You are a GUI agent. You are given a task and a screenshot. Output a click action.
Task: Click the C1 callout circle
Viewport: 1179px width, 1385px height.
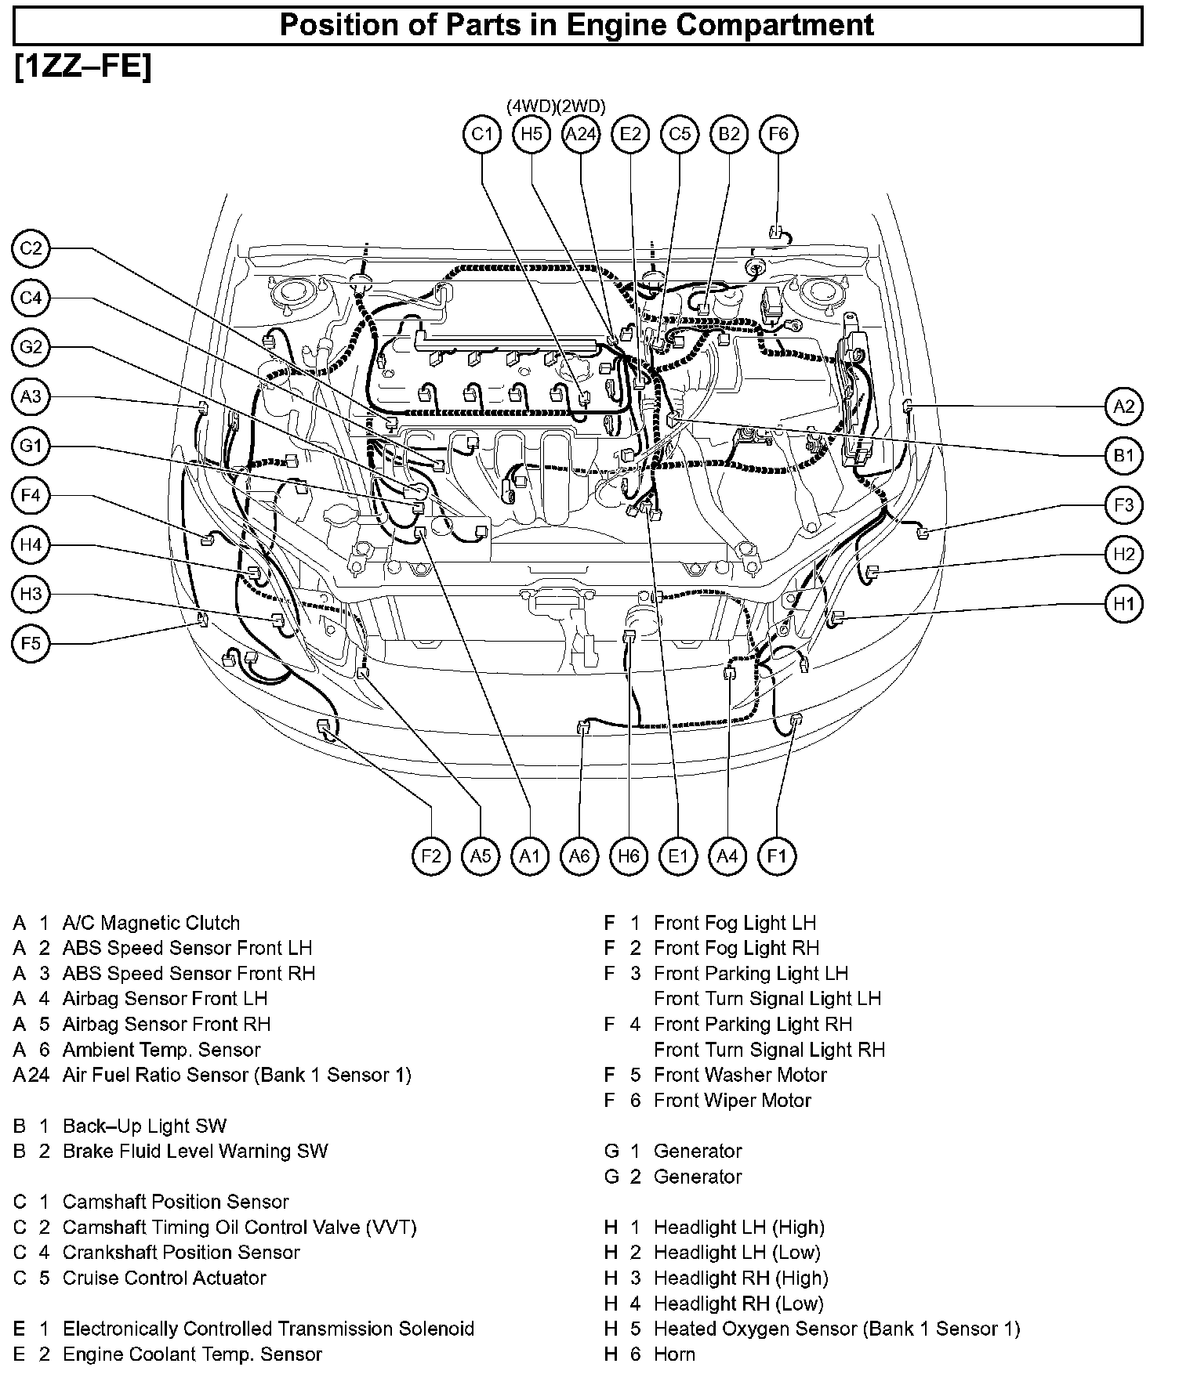point(482,134)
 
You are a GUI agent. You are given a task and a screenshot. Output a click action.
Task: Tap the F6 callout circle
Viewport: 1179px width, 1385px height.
point(778,134)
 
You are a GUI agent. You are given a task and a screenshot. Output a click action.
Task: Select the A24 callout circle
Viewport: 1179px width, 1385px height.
point(581,134)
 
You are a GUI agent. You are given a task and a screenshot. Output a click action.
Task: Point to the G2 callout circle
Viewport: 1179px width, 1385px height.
point(31,347)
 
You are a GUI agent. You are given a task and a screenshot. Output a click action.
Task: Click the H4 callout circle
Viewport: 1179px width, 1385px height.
point(31,545)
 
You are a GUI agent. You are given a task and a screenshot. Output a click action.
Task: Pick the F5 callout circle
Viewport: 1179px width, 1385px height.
point(31,644)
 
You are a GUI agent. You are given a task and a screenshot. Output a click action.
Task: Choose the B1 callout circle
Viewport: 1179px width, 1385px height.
point(1124,456)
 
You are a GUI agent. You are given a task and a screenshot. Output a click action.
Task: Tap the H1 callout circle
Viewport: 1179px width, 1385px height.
point(1124,604)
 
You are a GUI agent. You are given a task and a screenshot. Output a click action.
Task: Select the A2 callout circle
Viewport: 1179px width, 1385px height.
point(1124,407)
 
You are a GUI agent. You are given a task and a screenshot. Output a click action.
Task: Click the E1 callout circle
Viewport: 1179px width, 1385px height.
point(678,856)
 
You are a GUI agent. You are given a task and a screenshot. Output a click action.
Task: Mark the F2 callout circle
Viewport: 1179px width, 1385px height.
point(431,856)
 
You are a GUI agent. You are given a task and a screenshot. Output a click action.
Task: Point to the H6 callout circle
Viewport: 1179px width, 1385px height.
point(629,856)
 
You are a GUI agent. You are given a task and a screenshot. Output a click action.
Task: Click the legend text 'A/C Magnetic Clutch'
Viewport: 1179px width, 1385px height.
point(151,923)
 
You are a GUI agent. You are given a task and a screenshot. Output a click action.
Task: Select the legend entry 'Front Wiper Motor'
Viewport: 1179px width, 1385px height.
point(732,1101)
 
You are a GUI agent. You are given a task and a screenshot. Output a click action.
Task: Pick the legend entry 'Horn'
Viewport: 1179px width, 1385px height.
point(674,1354)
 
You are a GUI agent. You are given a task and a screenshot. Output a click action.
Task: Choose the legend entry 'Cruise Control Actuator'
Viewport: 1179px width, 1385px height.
point(165,1278)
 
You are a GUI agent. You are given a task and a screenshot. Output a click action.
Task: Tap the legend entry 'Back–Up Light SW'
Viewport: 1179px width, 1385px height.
point(144,1126)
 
